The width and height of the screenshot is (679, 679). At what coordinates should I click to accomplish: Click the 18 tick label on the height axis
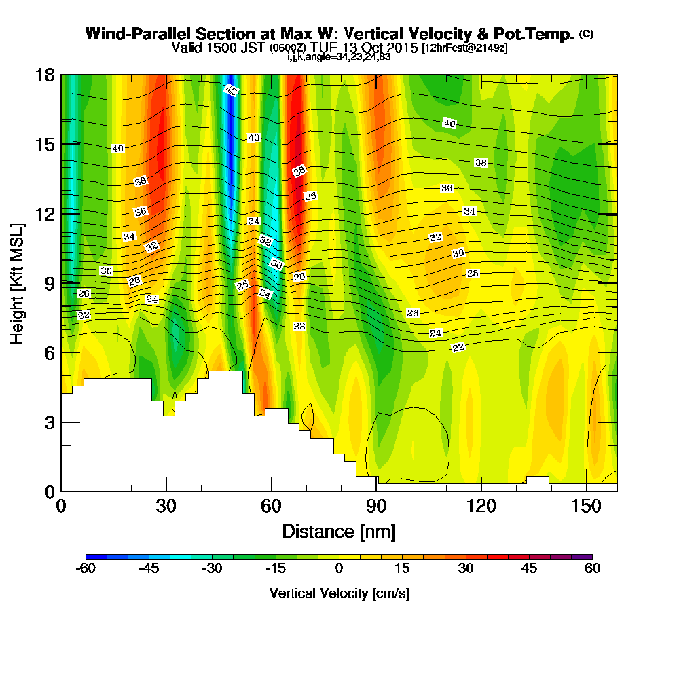45,75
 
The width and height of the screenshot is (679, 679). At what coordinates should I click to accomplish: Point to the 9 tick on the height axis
62,282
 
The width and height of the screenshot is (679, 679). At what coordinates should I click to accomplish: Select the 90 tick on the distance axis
376,490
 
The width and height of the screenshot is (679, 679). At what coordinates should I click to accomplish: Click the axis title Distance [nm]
339,531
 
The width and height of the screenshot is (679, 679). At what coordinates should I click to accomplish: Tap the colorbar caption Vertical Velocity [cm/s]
339,593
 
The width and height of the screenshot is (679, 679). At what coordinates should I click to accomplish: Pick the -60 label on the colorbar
86,569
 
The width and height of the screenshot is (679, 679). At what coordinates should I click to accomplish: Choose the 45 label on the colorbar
529,569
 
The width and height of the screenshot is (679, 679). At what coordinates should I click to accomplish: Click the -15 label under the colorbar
275,569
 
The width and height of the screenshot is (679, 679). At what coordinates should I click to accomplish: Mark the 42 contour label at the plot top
231,90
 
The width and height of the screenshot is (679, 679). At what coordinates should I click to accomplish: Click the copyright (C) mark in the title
586,34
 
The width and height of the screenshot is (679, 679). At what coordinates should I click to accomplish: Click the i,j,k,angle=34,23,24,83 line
339,57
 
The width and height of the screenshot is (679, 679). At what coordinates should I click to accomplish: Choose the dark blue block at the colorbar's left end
96,557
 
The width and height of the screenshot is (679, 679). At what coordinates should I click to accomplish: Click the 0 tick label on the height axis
48,491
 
